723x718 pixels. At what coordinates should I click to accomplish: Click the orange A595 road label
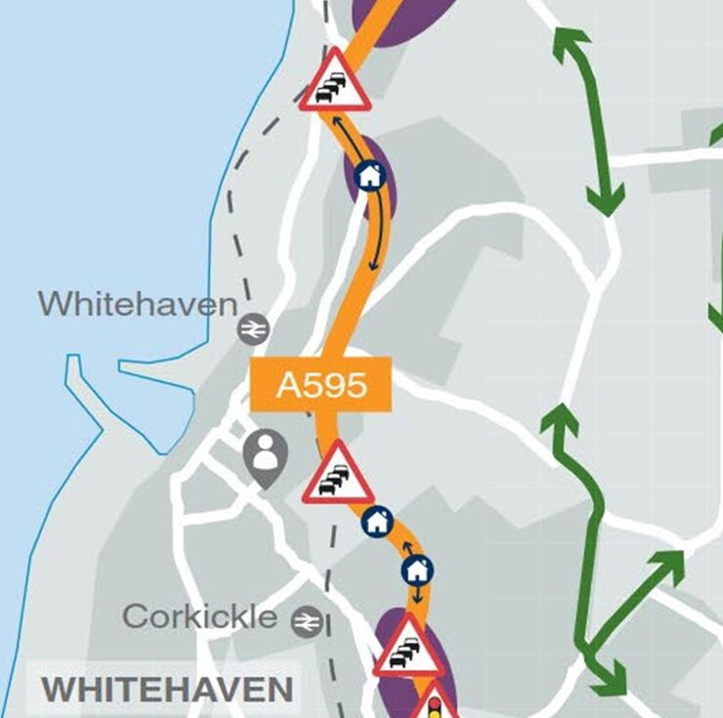321,384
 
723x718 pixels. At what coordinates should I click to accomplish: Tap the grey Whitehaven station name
138,303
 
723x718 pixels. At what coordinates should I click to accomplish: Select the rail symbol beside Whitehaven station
253,330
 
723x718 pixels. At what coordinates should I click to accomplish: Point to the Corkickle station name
199,616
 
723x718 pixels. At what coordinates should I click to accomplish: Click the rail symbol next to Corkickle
307,620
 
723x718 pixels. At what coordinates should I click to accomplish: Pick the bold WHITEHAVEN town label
167,689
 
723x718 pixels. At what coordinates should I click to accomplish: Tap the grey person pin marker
265,456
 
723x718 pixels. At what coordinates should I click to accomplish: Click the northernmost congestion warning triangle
335,82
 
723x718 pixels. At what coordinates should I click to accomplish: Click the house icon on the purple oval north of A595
369,176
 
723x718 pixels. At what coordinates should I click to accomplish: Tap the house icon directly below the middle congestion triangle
377,522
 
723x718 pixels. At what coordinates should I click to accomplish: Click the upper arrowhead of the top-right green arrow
570,41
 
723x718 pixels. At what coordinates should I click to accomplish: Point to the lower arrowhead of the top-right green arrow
607,202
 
